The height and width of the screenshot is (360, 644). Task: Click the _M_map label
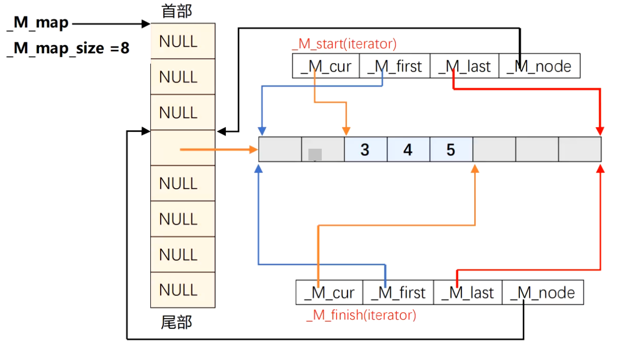click(x=38, y=23)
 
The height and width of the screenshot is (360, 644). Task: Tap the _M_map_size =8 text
click(x=68, y=49)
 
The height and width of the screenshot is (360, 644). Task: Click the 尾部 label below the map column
click(x=177, y=323)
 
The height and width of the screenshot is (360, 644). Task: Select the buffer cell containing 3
click(x=365, y=150)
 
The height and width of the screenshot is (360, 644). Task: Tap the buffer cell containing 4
click(x=408, y=150)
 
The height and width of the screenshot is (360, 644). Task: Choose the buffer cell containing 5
click(x=451, y=150)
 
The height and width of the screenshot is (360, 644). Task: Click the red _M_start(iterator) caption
click(x=344, y=44)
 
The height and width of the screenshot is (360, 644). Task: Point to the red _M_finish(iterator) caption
click(x=361, y=315)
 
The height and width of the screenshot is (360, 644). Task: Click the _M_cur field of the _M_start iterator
click(x=326, y=66)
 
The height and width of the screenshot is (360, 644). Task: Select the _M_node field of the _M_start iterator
click(x=539, y=66)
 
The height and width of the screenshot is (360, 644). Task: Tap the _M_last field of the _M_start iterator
click(x=464, y=66)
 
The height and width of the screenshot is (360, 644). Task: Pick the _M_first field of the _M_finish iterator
click(x=398, y=292)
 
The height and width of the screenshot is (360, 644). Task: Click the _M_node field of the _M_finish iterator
click(x=542, y=292)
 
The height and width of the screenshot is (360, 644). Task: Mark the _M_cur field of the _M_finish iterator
click(x=329, y=292)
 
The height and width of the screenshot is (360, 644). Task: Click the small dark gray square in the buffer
click(x=315, y=154)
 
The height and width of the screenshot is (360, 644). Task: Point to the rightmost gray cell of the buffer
click(x=579, y=150)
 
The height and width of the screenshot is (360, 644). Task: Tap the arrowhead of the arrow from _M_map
click(x=147, y=24)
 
